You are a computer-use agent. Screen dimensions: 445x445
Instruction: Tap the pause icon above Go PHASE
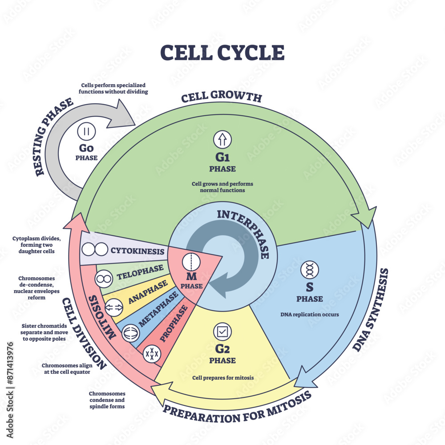(x=86, y=132)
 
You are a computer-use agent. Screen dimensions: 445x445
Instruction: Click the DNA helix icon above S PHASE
(x=309, y=270)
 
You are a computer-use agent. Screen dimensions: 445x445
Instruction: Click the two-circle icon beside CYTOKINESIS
(x=95, y=250)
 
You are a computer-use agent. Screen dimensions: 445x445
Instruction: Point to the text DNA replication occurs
(x=309, y=314)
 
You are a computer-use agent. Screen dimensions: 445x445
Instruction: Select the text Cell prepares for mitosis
(x=223, y=378)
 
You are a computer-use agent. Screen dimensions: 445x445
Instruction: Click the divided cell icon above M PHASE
(x=190, y=259)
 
